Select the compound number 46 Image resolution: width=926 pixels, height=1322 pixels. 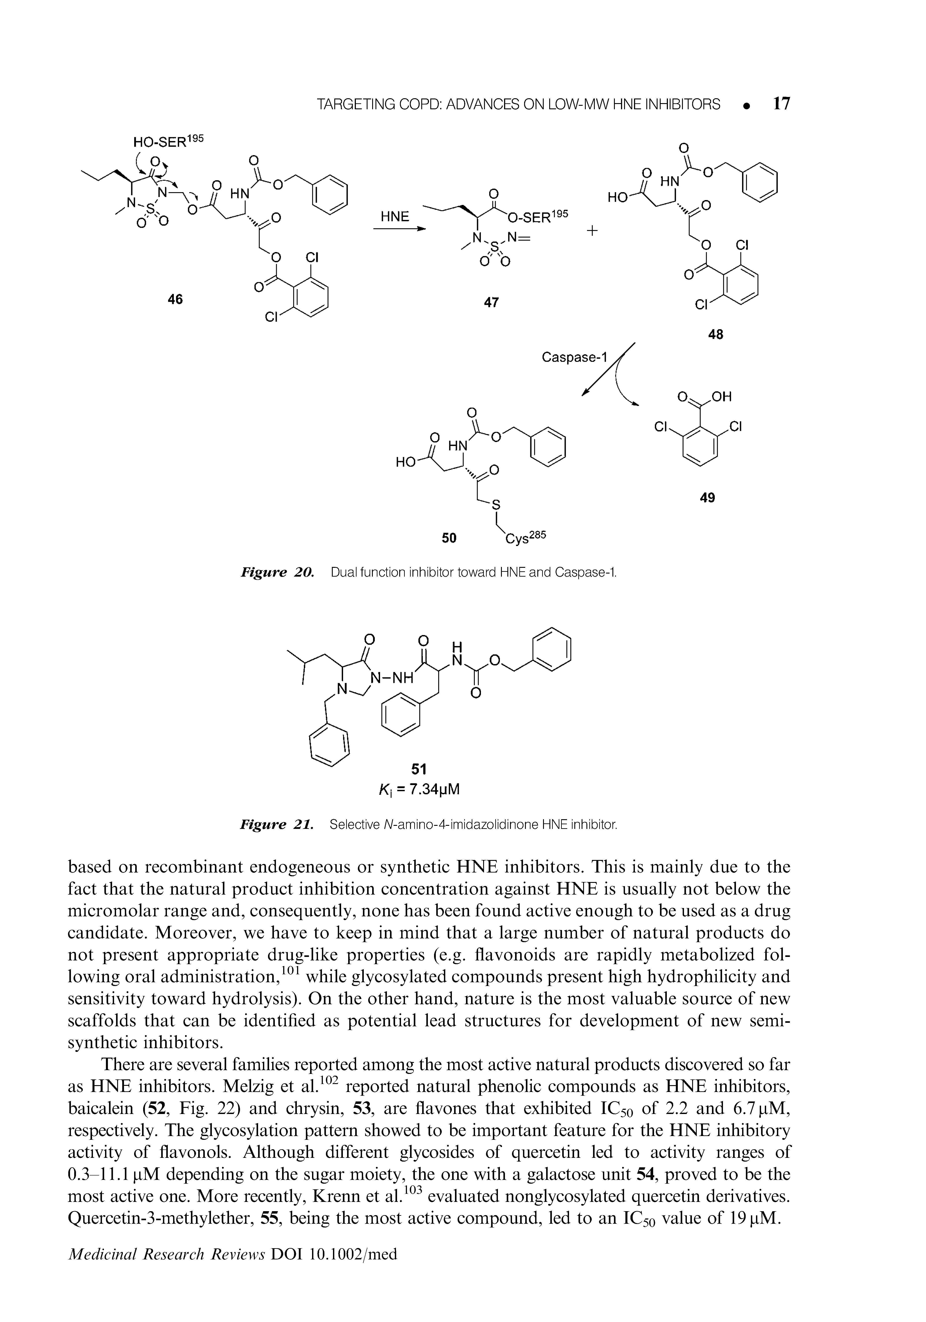[175, 299]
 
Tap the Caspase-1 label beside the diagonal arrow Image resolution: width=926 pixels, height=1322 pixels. [575, 358]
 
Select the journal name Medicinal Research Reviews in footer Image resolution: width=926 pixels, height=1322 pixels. [164, 1253]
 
